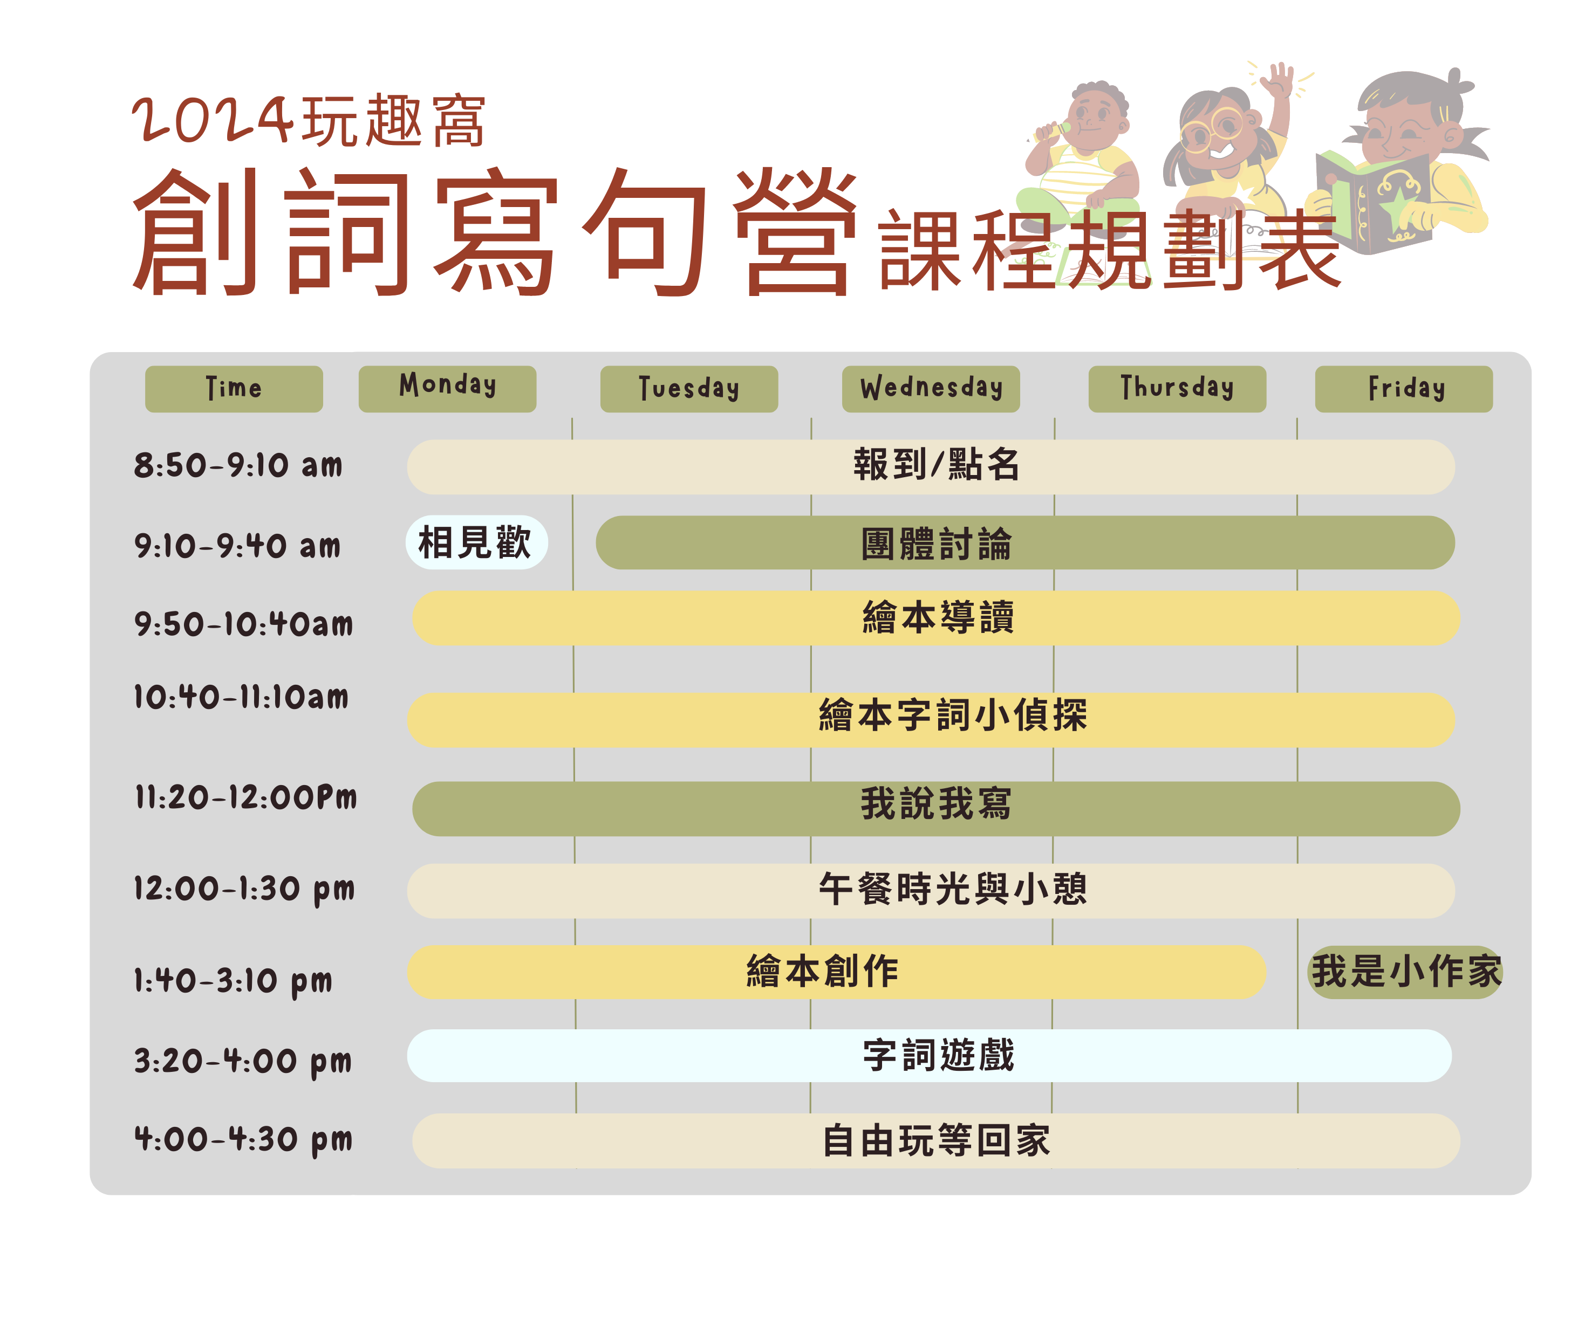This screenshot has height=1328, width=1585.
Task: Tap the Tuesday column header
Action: [x=689, y=389]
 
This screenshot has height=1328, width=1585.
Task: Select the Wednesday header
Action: [x=931, y=389]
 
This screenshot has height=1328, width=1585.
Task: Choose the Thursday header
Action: [x=1177, y=389]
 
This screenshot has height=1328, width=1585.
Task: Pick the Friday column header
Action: [x=1404, y=389]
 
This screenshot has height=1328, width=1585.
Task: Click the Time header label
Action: [x=234, y=389]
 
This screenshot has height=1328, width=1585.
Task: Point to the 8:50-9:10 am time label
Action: [x=238, y=465]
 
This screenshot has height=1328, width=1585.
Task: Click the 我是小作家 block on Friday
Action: [x=1405, y=972]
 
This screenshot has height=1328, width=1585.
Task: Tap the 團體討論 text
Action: [x=936, y=544]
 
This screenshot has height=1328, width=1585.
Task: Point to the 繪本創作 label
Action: [x=822, y=971]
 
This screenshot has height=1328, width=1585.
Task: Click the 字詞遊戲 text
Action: [x=939, y=1055]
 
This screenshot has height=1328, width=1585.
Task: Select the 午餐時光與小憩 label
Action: [x=953, y=889]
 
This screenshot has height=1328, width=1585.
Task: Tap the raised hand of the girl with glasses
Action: [x=1279, y=81]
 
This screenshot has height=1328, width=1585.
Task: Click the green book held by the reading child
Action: [x=1374, y=200]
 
